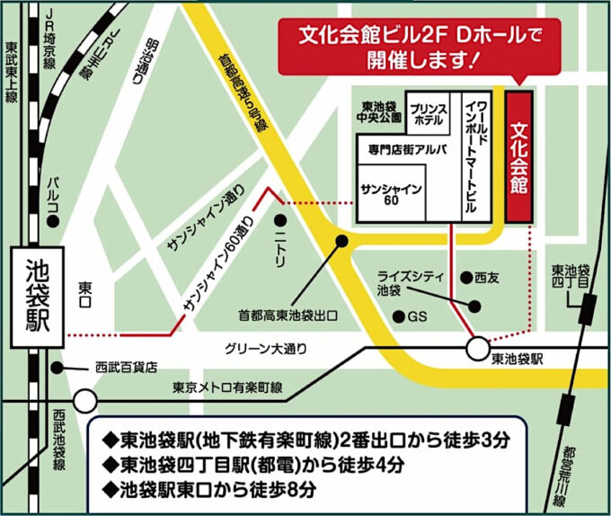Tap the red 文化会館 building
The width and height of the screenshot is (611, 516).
click(518, 156)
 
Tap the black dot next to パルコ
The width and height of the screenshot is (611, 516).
click(54, 220)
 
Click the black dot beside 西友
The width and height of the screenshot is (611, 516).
click(465, 276)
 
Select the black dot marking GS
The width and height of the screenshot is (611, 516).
click(399, 316)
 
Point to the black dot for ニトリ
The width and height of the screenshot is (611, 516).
click(280, 218)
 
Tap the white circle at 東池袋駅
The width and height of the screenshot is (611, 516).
click(477, 348)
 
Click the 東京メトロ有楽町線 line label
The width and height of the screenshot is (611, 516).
click(227, 387)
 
